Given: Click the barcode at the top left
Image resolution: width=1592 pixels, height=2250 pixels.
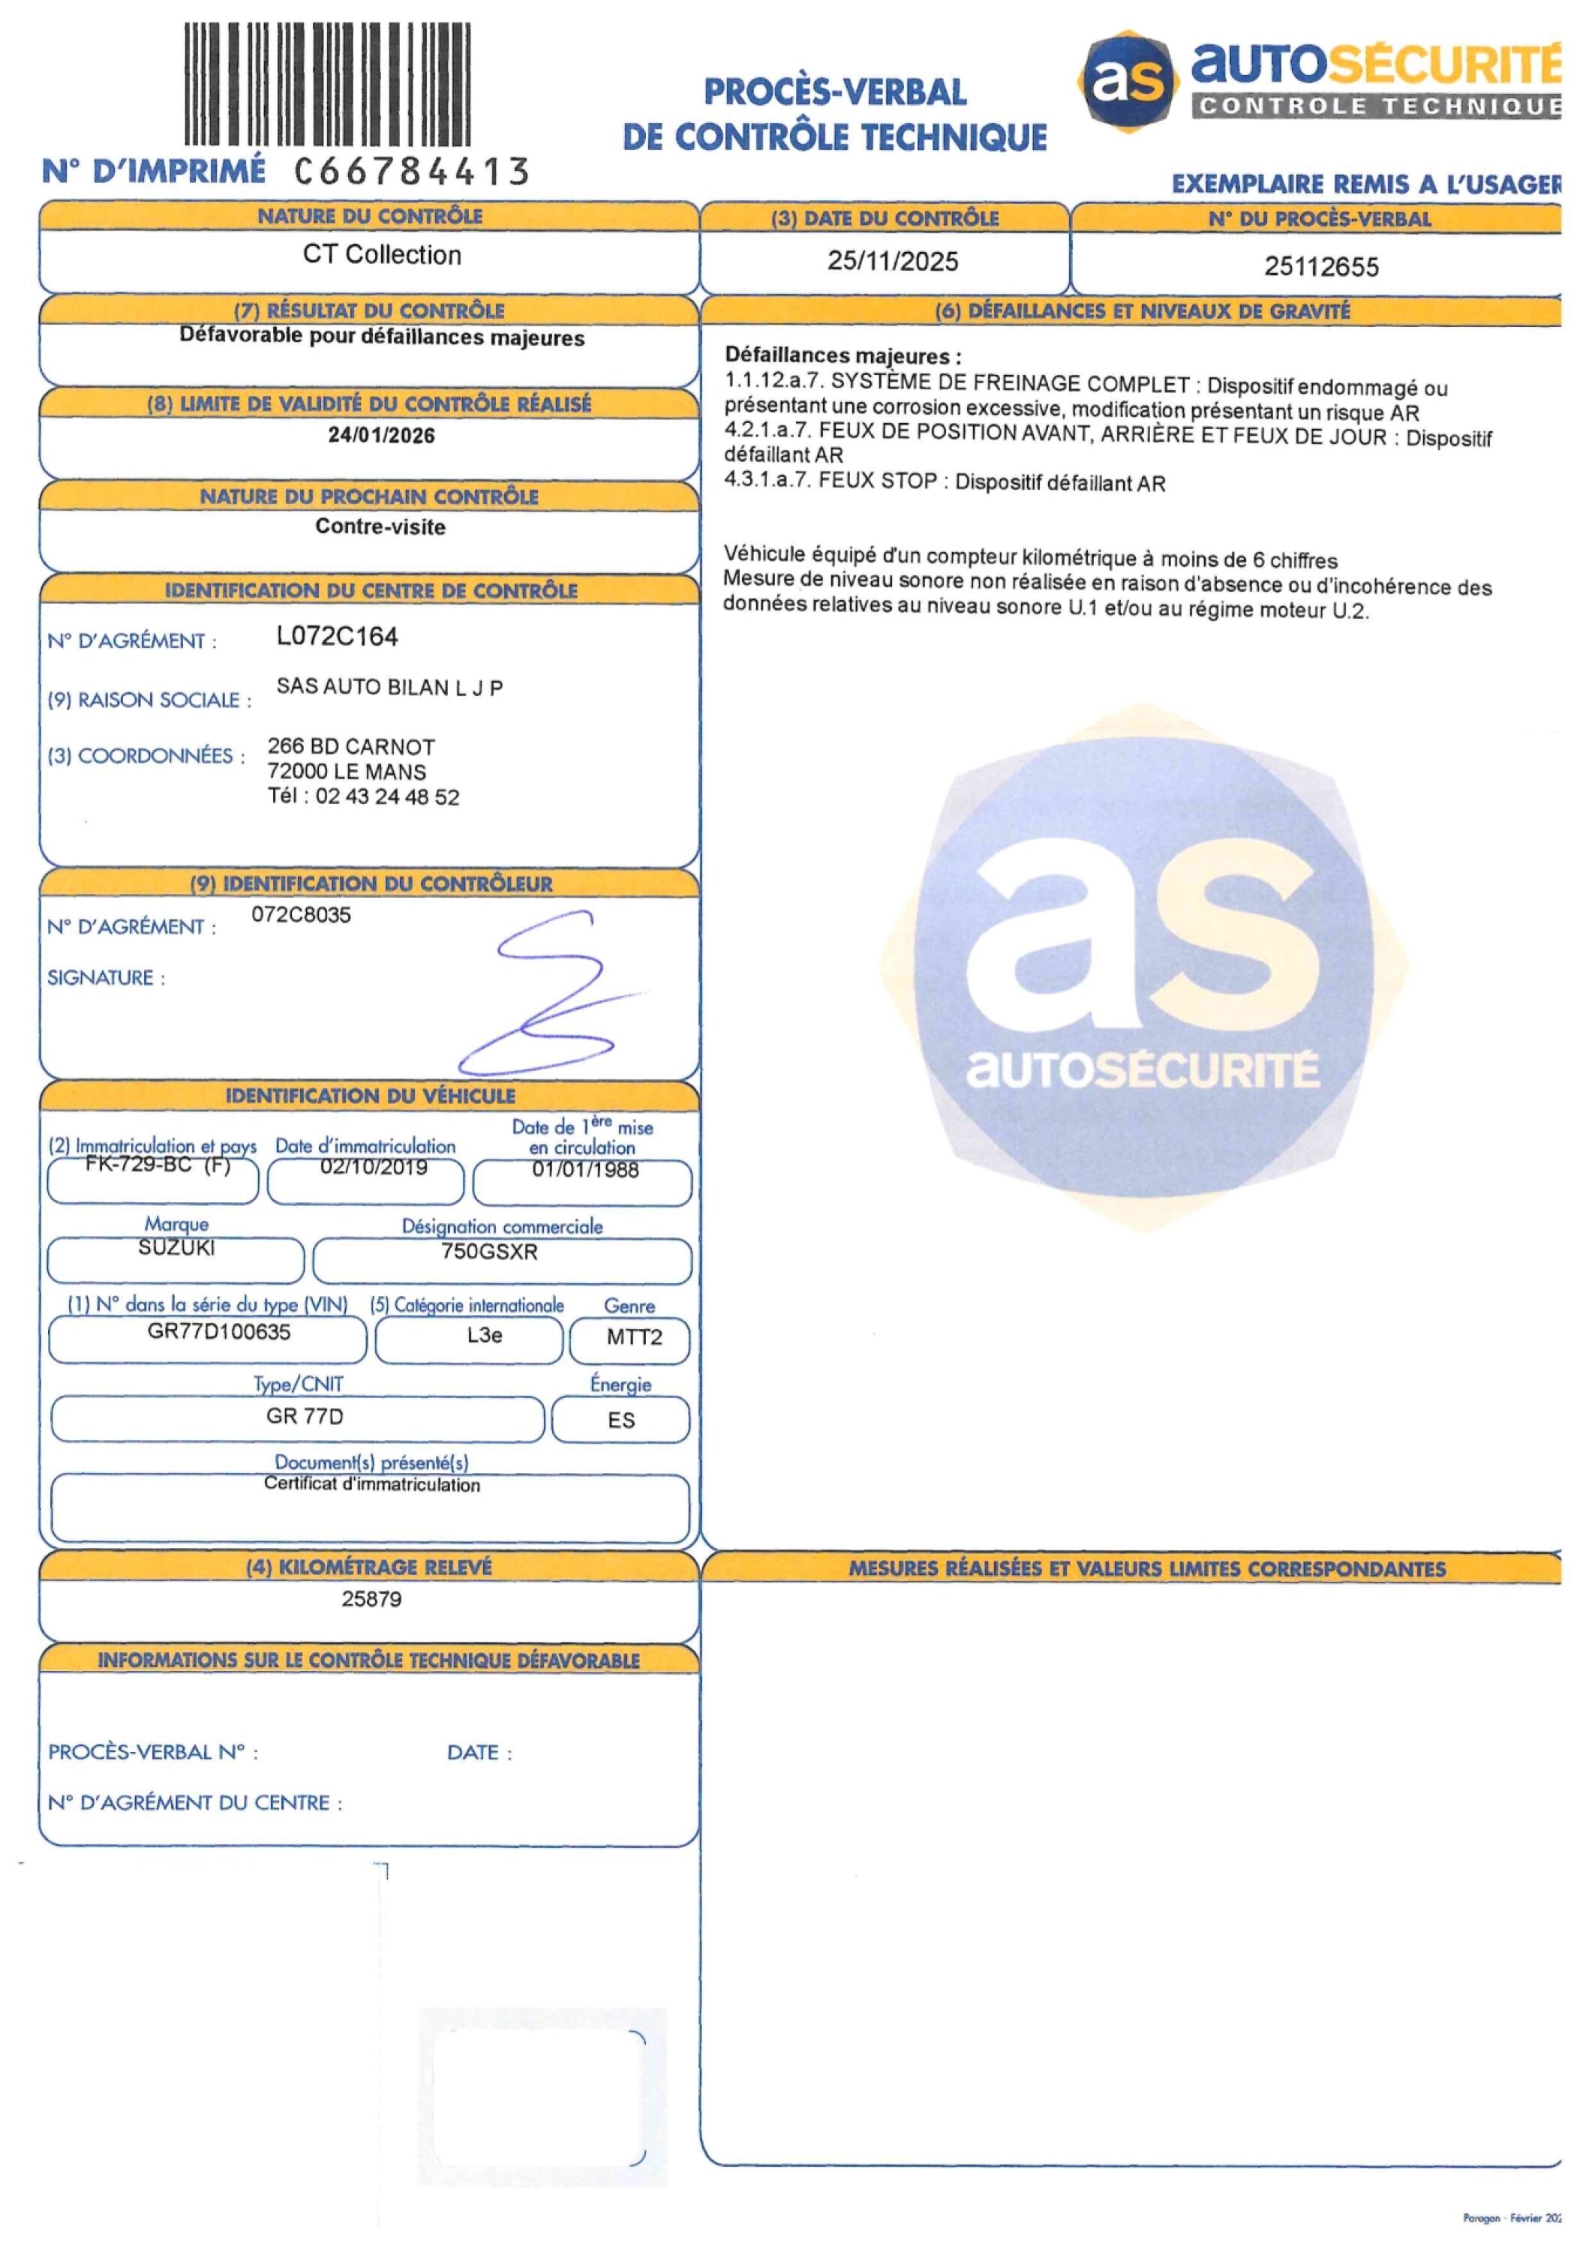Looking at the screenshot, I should click(327, 84).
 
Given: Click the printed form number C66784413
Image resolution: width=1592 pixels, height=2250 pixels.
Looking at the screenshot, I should click(412, 172).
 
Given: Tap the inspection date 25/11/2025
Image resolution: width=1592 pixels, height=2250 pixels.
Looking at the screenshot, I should click(892, 261).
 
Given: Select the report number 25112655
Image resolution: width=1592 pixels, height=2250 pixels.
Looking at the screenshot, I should click(1320, 266).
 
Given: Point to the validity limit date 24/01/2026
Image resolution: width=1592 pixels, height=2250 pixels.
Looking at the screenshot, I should click(381, 435).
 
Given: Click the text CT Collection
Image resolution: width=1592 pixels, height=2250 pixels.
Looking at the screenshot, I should click(381, 255).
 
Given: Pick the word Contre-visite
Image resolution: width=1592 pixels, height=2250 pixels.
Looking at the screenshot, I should click(380, 527).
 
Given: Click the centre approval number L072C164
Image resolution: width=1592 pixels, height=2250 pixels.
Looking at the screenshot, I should click(337, 637).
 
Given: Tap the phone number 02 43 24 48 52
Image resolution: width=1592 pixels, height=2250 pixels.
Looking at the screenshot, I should click(387, 796).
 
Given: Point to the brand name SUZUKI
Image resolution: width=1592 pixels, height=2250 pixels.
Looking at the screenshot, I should click(176, 1247).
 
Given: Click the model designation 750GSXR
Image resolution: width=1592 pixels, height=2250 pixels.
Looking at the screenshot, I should click(489, 1252).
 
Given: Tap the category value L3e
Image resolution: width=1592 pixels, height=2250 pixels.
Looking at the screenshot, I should click(484, 1335).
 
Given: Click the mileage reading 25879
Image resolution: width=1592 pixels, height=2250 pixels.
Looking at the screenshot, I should click(371, 1599).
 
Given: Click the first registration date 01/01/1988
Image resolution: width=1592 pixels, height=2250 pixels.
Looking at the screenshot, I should click(585, 1169).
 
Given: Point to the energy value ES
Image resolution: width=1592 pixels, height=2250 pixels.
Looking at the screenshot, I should click(620, 1420).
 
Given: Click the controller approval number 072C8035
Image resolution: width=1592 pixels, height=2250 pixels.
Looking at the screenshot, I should click(301, 915).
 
